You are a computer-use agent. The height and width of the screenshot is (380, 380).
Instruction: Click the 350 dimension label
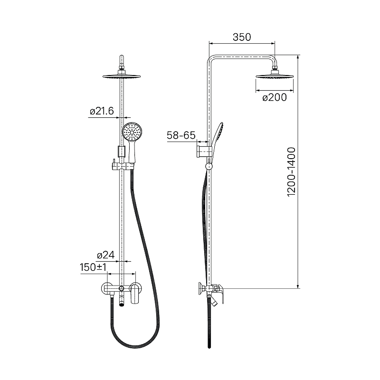[242, 37]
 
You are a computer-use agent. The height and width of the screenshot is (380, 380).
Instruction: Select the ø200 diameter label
[275, 97]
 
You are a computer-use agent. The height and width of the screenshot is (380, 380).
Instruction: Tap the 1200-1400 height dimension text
[291, 172]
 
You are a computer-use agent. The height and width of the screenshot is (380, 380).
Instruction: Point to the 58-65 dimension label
[181, 135]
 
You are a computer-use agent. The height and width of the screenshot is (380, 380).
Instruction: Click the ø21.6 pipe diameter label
[102, 111]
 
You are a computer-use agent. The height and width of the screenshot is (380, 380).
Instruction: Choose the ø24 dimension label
[105, 255]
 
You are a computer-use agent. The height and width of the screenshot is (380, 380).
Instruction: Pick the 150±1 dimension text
[93, 267]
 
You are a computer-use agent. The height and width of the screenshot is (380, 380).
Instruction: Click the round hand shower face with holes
[132, 131]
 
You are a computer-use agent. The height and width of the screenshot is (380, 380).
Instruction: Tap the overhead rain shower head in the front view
[122, 76]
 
